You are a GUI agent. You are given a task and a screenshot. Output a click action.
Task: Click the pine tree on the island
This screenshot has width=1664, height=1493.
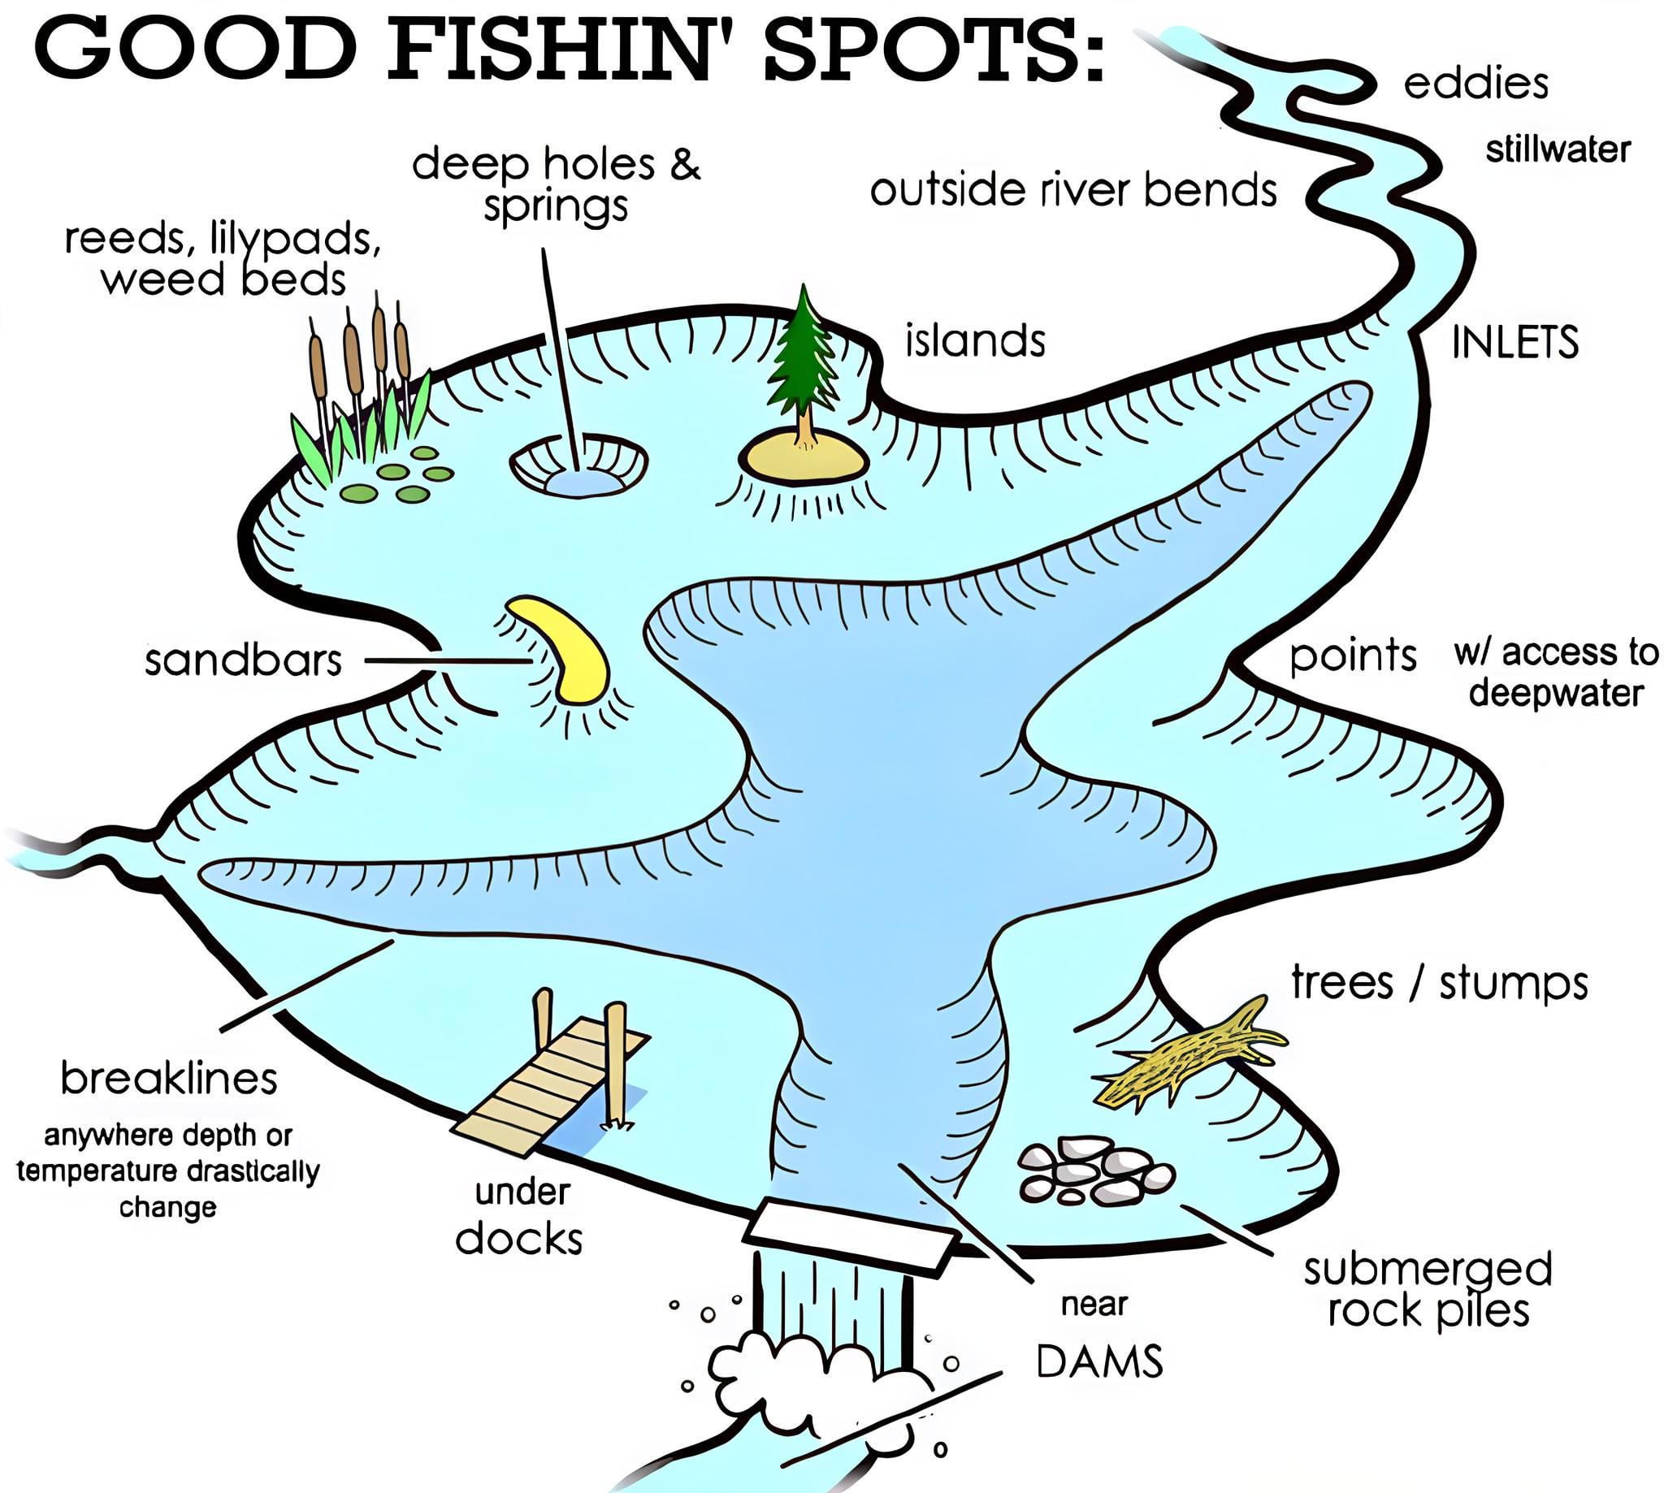pos(803,361)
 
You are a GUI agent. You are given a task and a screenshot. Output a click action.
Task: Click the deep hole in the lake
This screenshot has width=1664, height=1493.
pos(578,468)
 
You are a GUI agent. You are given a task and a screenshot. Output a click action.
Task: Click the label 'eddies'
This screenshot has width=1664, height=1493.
pos(1475,84)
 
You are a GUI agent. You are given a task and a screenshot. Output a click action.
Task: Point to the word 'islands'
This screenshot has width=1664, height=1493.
pos(975,340)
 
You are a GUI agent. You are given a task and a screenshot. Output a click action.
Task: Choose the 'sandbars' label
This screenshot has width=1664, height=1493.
pos(243,660)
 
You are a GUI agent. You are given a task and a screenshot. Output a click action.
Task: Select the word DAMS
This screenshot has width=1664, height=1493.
pos(1099,1362)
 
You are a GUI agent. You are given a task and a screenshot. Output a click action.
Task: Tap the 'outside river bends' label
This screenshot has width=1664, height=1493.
pos(1073,190)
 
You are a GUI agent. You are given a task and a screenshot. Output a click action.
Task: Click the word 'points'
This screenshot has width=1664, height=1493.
pos(1353,656)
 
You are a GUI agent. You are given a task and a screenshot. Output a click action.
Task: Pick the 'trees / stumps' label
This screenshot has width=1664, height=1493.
pos(1440,984)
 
